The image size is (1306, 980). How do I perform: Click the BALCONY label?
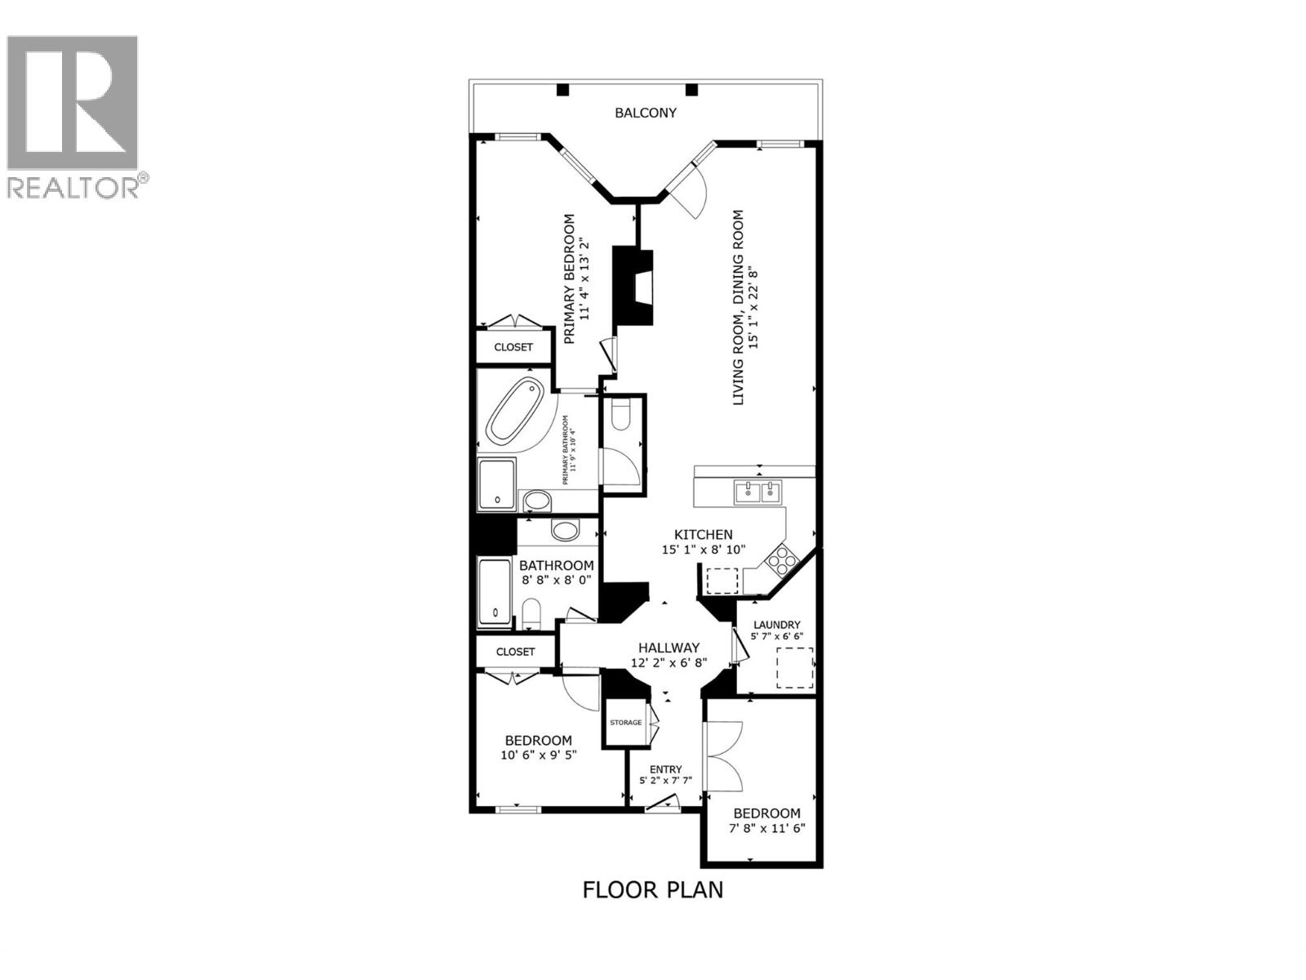645,113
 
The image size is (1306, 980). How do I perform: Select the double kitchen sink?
758,492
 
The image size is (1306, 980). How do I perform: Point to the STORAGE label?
626,723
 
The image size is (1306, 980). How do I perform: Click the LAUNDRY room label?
776,625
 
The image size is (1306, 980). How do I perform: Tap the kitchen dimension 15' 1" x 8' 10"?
703,550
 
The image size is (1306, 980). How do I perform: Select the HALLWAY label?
669,648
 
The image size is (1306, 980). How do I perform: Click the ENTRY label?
665,769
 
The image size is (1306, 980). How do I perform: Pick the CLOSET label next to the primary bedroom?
513,347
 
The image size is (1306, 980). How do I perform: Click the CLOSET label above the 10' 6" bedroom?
515,652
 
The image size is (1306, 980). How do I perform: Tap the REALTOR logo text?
73,188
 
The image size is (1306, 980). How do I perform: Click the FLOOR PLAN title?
652,889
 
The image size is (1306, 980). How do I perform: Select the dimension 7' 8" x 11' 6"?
766,828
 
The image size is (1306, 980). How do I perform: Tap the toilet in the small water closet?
622,416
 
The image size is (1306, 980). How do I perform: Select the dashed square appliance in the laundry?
794,668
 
